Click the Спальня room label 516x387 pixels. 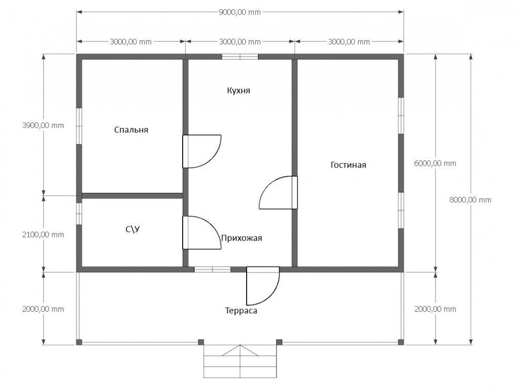(131, 130)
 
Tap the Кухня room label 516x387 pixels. (238, 90)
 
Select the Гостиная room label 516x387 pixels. (348, 165)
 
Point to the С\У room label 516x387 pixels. (133, 229)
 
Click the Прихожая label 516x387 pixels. (241, 238)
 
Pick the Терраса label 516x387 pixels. (241, 311)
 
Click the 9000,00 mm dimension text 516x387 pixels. (239, 12)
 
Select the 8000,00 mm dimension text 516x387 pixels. (470, 200)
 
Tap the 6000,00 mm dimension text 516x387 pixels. (435, 163)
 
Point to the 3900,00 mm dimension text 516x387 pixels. (43, 125)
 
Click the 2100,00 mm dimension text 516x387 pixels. (43, 235)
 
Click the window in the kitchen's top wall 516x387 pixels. (240, 57)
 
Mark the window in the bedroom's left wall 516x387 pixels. (79, 126)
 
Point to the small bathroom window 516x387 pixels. (79, 214)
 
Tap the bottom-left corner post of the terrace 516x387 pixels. (79, 342)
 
